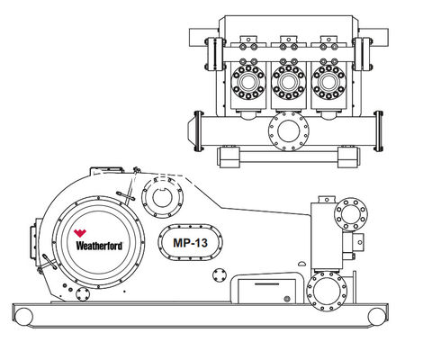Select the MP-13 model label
point(193,241)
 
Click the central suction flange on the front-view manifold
point(289,131)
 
